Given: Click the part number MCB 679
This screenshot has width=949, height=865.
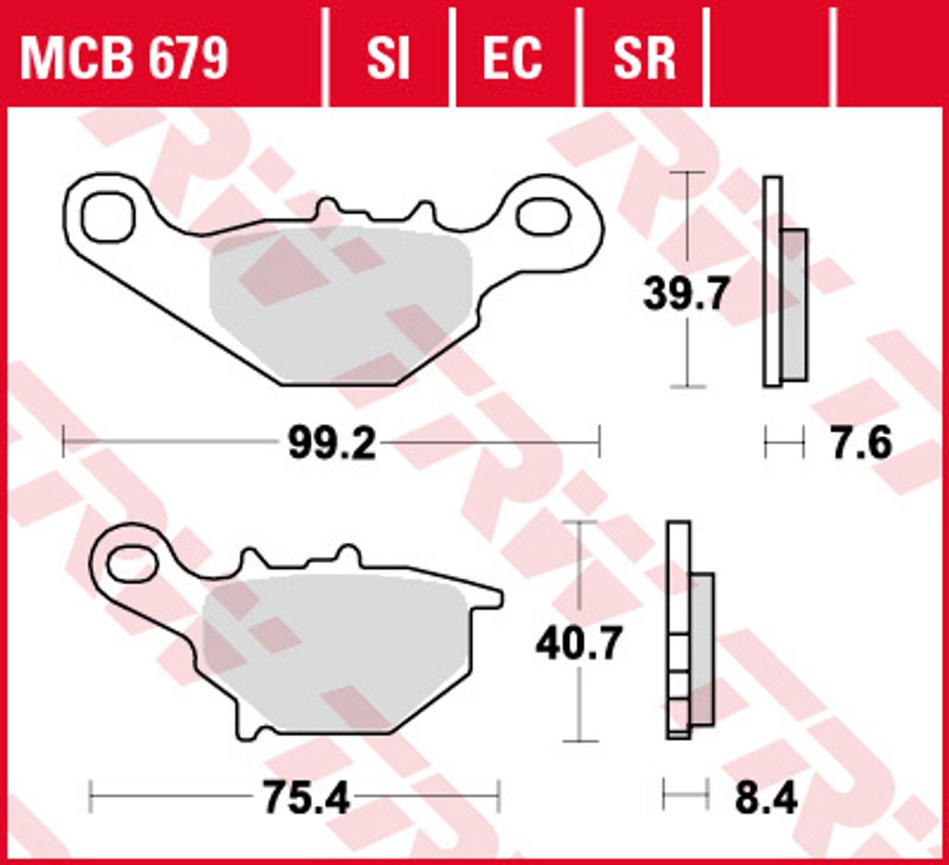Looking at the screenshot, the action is [x=124, y=58].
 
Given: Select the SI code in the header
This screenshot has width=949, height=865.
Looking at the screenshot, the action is [x=388, y=58].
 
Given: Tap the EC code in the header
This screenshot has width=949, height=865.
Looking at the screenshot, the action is [x=512, y=58].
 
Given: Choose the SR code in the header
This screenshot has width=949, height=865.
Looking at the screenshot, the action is [x=644, y=58].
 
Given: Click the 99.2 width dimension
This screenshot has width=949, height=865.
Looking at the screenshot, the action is [x=332, y=443].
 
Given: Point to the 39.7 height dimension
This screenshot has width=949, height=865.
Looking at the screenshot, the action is [x=685, y=294].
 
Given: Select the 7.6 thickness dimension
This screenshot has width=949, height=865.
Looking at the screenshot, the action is [x=861, y=443].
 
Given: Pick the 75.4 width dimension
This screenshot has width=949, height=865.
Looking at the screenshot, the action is [x=306, y=797].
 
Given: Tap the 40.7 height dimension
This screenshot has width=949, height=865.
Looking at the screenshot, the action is [x=578, y=644].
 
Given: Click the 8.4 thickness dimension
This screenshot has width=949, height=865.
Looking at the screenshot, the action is [x=766, y=797].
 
